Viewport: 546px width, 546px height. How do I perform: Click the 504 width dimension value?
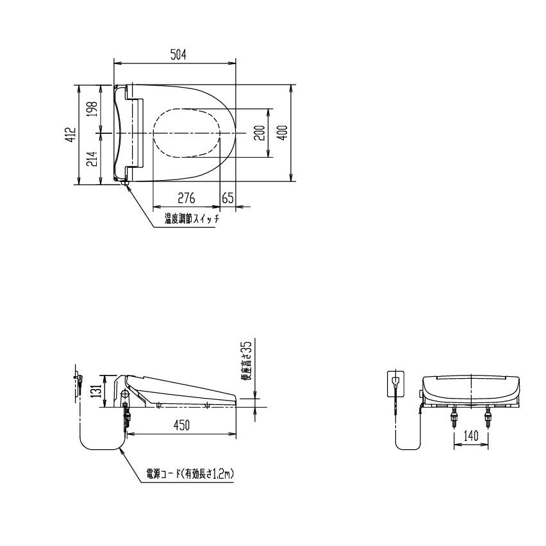(x=178, y=54)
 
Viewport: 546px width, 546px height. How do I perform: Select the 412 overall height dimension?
(x=71, y=134)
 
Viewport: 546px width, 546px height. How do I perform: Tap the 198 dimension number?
(x=92, y=109)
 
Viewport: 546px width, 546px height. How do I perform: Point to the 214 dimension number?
(x=92, y=159)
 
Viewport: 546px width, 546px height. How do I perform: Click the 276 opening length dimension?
(x=186, y=198)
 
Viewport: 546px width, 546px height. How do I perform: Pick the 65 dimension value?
(x=227, y=198)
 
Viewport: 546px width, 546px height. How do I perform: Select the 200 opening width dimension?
(x=260, y=133)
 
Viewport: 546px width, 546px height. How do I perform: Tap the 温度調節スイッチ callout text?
(x=192, y=219)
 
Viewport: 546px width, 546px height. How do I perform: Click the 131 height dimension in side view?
(x=98, y=390)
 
